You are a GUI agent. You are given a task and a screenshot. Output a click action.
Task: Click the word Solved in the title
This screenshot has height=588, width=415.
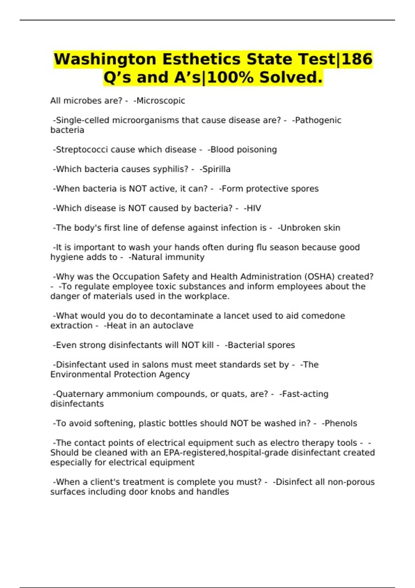coord(291,77)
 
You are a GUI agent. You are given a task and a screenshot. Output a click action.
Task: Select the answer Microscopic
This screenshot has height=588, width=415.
coord(161,101)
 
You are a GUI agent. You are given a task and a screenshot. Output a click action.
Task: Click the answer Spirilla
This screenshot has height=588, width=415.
coord(216,169)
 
